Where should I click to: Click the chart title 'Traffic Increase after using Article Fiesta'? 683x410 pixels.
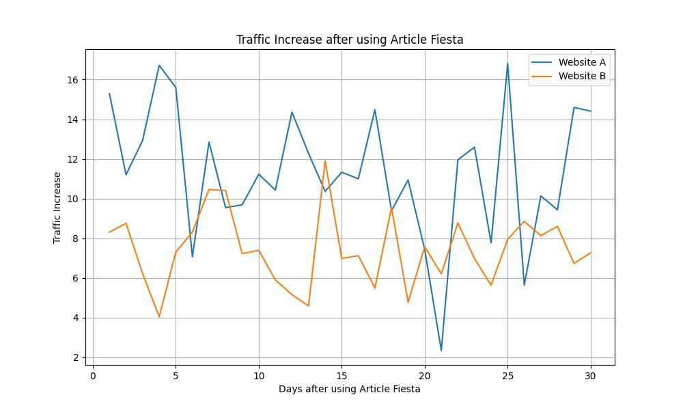click(350, 40)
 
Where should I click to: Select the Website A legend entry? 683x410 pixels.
click(581, 62)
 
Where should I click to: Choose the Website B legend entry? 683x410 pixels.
click(581, 77)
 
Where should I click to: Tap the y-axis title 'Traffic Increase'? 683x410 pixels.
click(57, 208)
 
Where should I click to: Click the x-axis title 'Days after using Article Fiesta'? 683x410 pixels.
click(350, 389)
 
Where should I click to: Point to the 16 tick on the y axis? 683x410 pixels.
click(73, 80)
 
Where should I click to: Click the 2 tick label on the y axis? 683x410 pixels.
click(76, 357)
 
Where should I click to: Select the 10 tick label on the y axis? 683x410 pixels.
click(73, 199)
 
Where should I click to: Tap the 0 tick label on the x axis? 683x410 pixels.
click(93, 374)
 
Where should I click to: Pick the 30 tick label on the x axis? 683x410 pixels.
click(591, 374)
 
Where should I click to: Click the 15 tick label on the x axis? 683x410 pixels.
click(341, 374)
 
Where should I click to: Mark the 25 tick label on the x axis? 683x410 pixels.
click(507, 374)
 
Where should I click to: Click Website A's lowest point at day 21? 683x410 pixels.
click(441, 351)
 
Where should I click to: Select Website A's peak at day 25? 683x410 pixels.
click(507, 64)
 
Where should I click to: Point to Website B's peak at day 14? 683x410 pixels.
click(325, 161)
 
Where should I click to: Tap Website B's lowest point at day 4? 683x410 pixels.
click(159, 317)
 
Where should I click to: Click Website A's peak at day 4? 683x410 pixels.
click(159, 66)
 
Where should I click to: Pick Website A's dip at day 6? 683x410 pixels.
click(193, 257)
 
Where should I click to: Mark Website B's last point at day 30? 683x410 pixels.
click(591, 252)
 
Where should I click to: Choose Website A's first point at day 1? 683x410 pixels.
click(109, 94)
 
